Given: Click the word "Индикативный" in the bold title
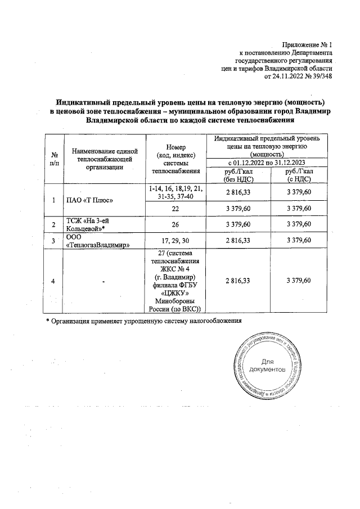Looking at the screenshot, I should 83,102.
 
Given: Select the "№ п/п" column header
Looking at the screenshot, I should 55,159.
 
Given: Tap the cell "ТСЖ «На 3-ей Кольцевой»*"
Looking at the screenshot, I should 89,225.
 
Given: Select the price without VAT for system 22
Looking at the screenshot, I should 238,208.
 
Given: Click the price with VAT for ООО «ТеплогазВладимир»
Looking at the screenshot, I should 299,241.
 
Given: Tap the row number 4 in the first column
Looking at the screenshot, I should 54,281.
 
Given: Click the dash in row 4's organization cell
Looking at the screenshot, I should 104,281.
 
